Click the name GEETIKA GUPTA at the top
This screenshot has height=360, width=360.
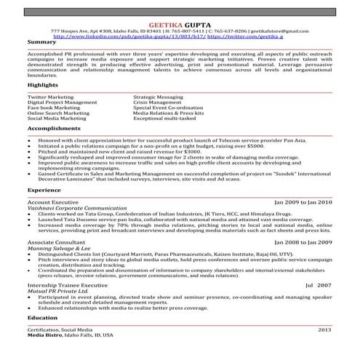tap(180, 25)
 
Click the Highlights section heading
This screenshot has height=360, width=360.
tap(43, 85)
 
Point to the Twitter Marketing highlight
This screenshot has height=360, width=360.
tap(52, 96)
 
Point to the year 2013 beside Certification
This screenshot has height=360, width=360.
tap(324, 329)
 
